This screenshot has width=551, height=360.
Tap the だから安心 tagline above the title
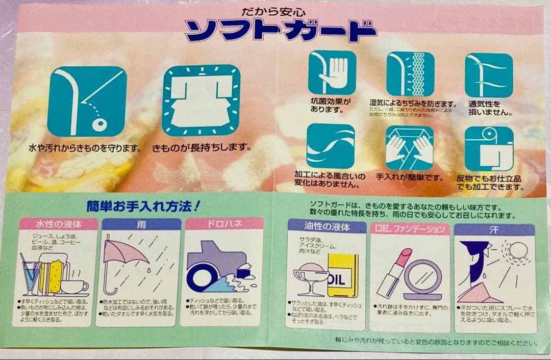click(274, 11)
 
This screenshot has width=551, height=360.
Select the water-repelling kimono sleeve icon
click(87, 101)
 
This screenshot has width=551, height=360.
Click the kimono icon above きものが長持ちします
click(201, 100)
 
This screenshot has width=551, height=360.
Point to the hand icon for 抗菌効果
click(332, 72)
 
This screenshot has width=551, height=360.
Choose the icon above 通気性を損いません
click(488, 75)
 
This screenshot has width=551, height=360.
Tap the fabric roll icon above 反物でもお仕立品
click(489, 148)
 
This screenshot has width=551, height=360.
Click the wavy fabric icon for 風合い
click(330, 146)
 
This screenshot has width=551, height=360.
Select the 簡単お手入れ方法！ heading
click(143, 207)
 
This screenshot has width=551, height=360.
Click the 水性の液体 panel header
click(59, 224)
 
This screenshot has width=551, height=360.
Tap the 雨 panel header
click(141, 224)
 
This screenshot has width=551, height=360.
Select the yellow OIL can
click(342, 275)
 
